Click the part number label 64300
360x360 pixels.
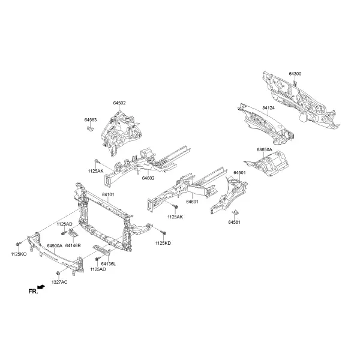[x=295, y=74]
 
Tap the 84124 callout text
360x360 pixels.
[x=268, y=107]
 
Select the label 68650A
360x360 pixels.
[x=264, y=149]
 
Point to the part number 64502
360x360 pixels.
[x=119, y=103]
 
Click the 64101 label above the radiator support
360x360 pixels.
[x=108, y=194]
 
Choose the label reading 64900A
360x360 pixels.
[x=55, y=245]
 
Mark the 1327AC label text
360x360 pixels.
[x=59, y=282]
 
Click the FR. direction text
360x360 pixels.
[x=33, y=292]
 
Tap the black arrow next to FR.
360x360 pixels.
[x=41, y=287]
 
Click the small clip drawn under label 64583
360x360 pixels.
[x=90, y=128]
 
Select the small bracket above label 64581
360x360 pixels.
[x=235, y=212]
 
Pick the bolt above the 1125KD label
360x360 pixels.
[x=163, y=233]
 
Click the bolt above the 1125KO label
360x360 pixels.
[x=18, y=244]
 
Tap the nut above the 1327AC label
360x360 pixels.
[x=58, y=273]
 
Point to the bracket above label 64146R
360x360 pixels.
[x=73, y=233]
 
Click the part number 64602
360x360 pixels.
[x=148, y=178]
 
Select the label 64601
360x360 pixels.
[x=192, y=202]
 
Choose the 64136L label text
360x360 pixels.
[x=109, y=264]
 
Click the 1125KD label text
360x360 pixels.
[x=163, y=243]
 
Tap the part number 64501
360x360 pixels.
[x=239, y=172]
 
